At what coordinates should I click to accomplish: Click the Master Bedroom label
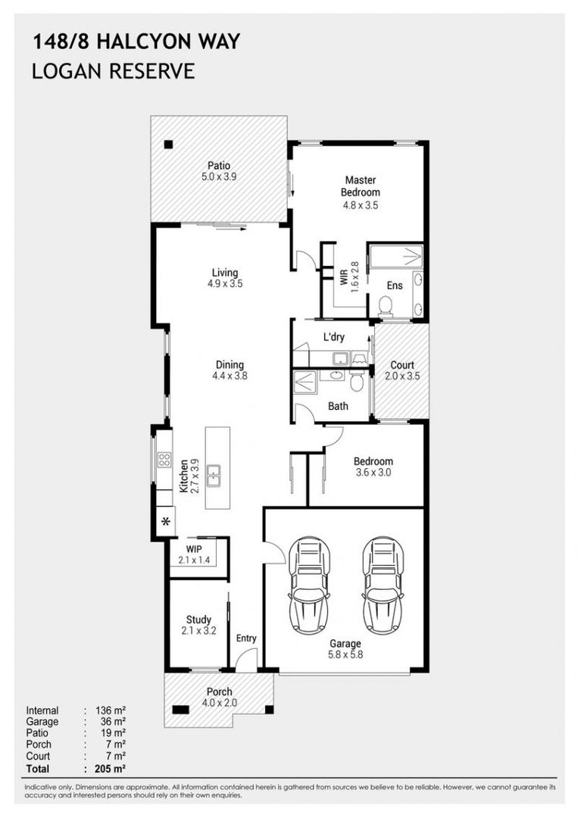(361, 186)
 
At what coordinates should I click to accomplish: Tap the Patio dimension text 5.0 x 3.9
(219, 176)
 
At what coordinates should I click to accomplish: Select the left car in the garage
(309, 584)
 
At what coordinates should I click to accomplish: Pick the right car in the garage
(383, 584)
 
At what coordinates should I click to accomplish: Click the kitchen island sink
(214, 476)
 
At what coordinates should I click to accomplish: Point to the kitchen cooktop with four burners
(164, 460)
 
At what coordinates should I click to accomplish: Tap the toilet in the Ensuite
(386, 306)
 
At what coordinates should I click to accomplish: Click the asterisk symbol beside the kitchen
(166, 521)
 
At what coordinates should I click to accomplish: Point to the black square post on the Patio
(168, 145)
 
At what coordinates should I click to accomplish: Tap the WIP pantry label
(194, 549)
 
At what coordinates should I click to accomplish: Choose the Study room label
(198, 620)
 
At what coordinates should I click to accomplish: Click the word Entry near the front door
(246, 638)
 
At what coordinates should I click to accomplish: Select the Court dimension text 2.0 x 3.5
(402, 376)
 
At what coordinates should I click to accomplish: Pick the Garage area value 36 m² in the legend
(113, 722)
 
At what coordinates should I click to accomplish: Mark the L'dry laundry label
(334, 337)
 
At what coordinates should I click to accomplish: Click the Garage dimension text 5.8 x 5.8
(345, 654)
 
